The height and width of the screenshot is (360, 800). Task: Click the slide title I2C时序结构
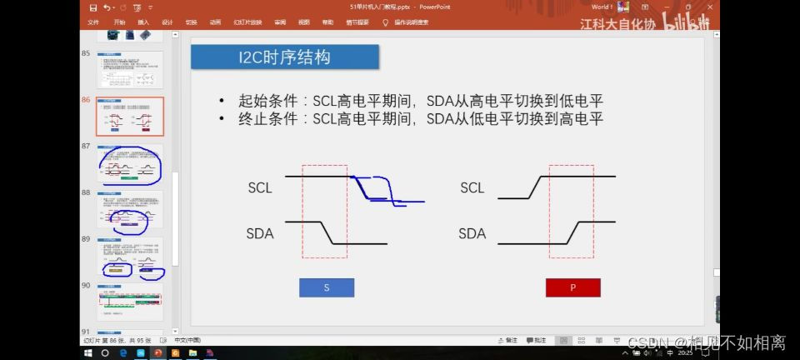(284, 57)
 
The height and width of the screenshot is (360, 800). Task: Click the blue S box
(327, 287)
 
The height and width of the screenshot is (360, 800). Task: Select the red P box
(572, 287)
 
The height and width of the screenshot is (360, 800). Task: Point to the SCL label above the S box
(260, 187)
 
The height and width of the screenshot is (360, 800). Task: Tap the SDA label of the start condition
(260, 233)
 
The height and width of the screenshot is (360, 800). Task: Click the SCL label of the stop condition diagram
(472, 187)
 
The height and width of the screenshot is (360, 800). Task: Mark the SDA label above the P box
(472, 233)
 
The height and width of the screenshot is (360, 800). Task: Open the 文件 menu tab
(93, 22)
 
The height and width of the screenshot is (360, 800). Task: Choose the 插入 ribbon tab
(143, 22)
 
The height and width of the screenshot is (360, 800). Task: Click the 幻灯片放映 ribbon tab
(247, 22)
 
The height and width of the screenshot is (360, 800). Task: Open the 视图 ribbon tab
(303, 22)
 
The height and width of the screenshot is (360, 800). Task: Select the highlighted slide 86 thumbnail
(129, 117)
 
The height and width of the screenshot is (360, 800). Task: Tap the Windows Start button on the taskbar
(89, 352)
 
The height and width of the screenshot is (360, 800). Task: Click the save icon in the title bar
(92, 7)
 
